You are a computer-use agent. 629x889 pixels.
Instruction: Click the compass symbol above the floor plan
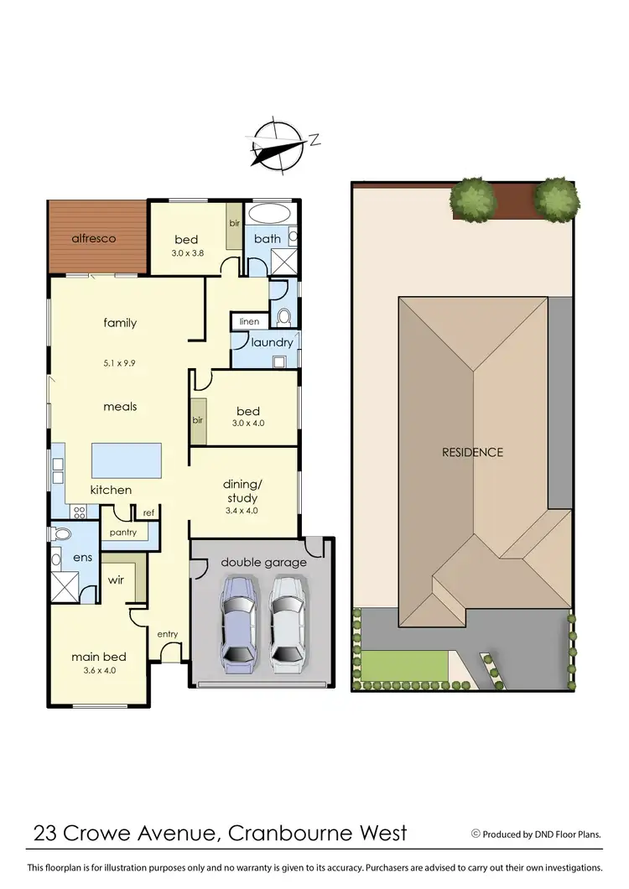(x=278, y=146)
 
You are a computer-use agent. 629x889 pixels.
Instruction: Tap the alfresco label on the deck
(x=92, y=238)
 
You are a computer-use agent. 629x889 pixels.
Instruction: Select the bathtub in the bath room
(x=268, y=211)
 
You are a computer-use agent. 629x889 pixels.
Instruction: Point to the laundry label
(x=272, y=342)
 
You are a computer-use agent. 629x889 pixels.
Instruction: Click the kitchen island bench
(x=125, y=459)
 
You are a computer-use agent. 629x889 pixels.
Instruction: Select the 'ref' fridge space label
(x=148, y=512)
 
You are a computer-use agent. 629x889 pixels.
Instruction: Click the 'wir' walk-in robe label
(x=116, y=579)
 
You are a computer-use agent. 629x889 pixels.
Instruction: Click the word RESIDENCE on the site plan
(x=473, y=452)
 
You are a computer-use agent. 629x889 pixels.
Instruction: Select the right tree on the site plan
(x=556, y=199)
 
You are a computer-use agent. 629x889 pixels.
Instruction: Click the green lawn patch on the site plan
(x=404, y=667)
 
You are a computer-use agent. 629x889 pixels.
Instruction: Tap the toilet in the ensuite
(x=61, y=534)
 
